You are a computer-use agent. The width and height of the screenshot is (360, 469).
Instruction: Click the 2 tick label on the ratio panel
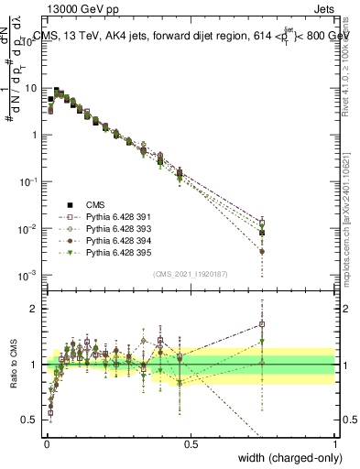[x=33, y=309]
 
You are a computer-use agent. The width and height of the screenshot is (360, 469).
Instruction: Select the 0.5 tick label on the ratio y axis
[x=29, y=420]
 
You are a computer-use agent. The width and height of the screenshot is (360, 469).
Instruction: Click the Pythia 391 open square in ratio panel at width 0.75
[x=262, y=323]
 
